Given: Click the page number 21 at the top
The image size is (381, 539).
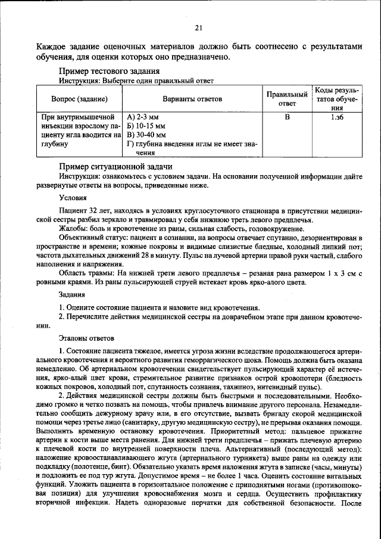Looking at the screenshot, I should pyautogui.click(x=198, y=27).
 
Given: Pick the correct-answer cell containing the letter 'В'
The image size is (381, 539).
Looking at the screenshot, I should pyautogui.click(x=286, y=118).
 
